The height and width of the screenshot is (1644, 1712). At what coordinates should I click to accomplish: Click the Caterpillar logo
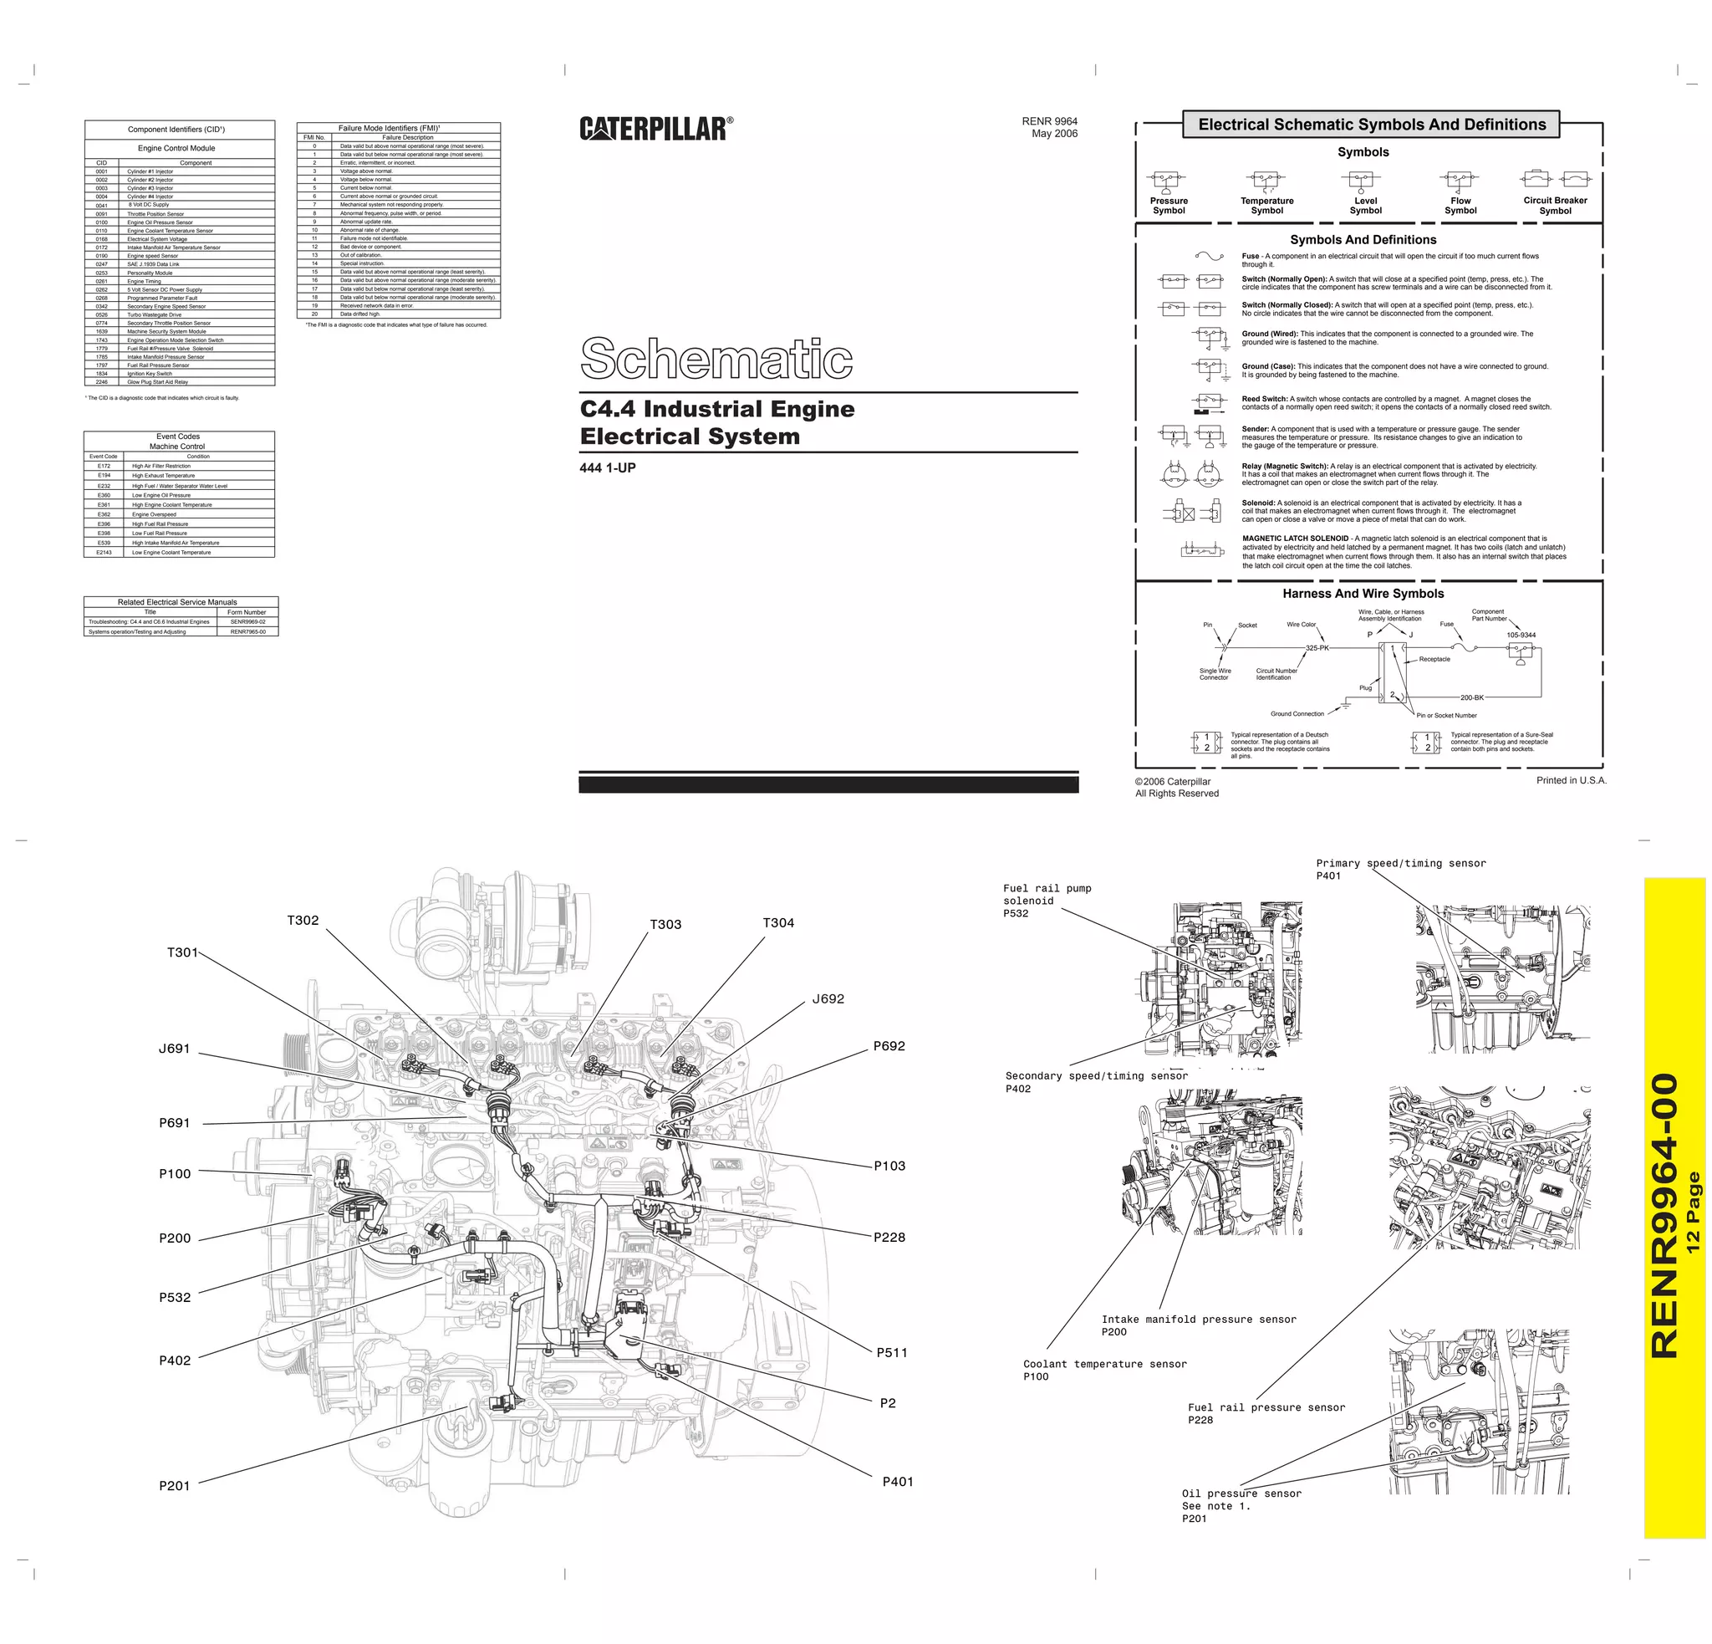(656, 129)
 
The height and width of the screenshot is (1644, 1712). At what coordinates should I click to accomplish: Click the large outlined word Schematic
(716, 358)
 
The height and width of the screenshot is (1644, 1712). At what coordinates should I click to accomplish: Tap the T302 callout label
(303, 920)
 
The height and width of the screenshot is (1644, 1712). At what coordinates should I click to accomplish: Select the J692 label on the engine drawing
(828, 998)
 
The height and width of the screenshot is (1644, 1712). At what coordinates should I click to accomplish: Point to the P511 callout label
(892, 1352)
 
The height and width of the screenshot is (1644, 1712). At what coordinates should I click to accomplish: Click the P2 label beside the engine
(888, 1403)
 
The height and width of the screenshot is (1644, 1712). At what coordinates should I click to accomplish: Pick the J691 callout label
(174, 1049)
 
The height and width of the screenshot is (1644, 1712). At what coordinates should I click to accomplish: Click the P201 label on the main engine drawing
(174, 1485)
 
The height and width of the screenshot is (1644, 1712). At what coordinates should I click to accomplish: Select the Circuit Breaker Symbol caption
(1556, 205)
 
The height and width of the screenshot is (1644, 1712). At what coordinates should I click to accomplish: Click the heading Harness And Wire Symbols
(1363, 593)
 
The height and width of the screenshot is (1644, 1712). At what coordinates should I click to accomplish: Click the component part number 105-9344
(1521, 635)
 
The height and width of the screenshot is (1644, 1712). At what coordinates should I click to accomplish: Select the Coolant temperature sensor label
(1104, 1370)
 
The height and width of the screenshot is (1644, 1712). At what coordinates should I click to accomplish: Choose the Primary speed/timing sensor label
(1400, 868)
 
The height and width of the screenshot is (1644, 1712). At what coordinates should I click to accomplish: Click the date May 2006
(1054, 134)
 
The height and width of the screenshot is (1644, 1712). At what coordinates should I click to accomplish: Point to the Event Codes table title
(178, 436)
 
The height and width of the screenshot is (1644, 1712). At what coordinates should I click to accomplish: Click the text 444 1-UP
(608, 468)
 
